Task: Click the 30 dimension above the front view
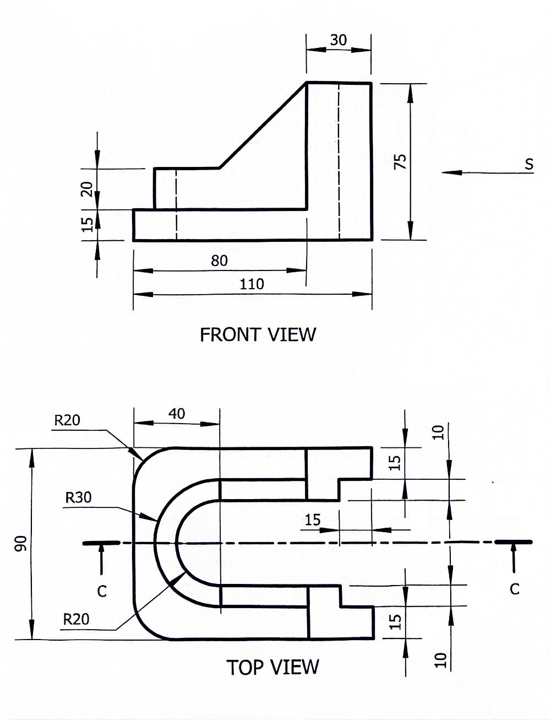[339, 40]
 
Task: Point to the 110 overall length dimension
[252, 284]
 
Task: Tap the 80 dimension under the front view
[219, 261]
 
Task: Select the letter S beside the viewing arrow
[529, 164]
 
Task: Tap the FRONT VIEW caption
[258, 334]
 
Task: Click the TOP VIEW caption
[272, 667]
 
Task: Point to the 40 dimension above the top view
[177, 414]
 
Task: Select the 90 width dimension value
[21, 544]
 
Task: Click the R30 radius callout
[78, 497]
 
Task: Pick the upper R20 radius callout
[67, 420]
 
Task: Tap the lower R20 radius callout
[76, 619]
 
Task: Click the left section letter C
[102, 591]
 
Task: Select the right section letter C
[514, 589]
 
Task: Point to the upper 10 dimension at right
[438, 433]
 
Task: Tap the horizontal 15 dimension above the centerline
[313, 519]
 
